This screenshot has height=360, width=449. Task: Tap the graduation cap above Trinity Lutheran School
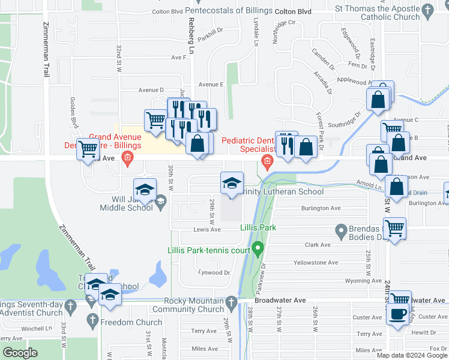232,182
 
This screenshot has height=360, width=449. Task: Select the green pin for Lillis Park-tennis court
258,247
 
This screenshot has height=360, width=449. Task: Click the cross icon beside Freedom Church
92,322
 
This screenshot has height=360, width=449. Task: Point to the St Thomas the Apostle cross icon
427,11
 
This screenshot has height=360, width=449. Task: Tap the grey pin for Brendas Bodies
341,230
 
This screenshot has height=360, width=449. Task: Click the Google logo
20,353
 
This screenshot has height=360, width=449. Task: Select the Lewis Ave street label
206,229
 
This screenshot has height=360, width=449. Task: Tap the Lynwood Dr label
214,272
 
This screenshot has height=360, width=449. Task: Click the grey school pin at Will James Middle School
160,205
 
